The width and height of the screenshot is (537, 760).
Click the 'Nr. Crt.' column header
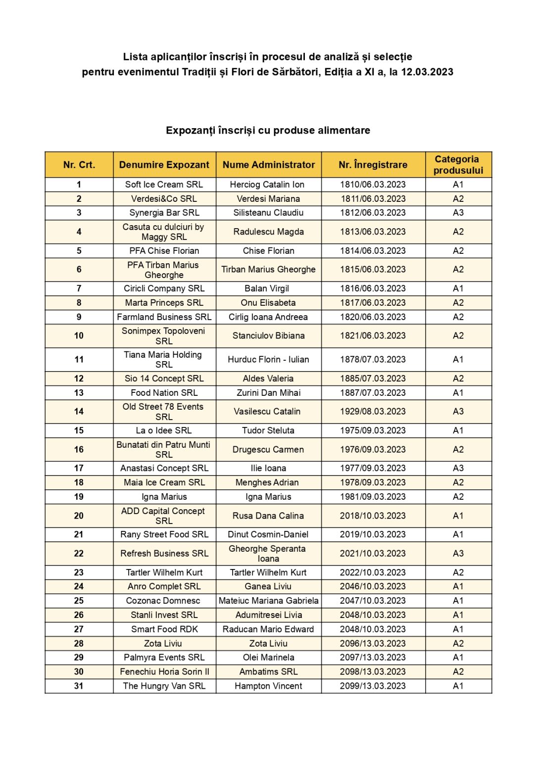pos(79,165)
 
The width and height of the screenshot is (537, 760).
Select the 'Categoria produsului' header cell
pos(458,165)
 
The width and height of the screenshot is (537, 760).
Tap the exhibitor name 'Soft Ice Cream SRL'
pos(164,185)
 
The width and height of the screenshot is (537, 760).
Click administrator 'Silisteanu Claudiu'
pos(268,213)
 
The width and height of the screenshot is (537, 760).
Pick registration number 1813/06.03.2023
pos(373,232)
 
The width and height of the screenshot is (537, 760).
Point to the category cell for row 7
pos(458,288)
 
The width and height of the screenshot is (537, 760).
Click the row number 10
pos(79,335)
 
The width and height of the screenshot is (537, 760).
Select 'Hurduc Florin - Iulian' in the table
pos(268,360)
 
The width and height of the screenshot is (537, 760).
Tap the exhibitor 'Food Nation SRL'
pos(164,393)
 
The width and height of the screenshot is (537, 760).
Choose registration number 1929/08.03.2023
pos(373,411)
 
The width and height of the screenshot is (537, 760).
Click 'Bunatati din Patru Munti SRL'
pos(164,449)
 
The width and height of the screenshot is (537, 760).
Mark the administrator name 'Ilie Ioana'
pos(268,468)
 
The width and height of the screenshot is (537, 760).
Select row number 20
pos(79,516)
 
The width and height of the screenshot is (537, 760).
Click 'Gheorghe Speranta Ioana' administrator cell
pos(268,554)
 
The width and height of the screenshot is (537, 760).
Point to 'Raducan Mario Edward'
pos(268,629)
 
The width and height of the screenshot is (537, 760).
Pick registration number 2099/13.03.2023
pos(373,686)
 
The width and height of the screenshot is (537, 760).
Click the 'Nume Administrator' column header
pos(268,165)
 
